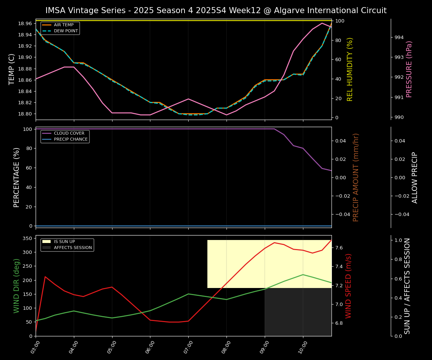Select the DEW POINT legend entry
66,31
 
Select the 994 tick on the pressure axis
399,37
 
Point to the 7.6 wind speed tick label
339,248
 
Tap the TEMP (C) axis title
12,69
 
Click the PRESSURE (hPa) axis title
409,69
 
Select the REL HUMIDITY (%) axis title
350,69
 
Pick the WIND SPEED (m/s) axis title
349,286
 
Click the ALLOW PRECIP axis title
415,177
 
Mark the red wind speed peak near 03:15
45,277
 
